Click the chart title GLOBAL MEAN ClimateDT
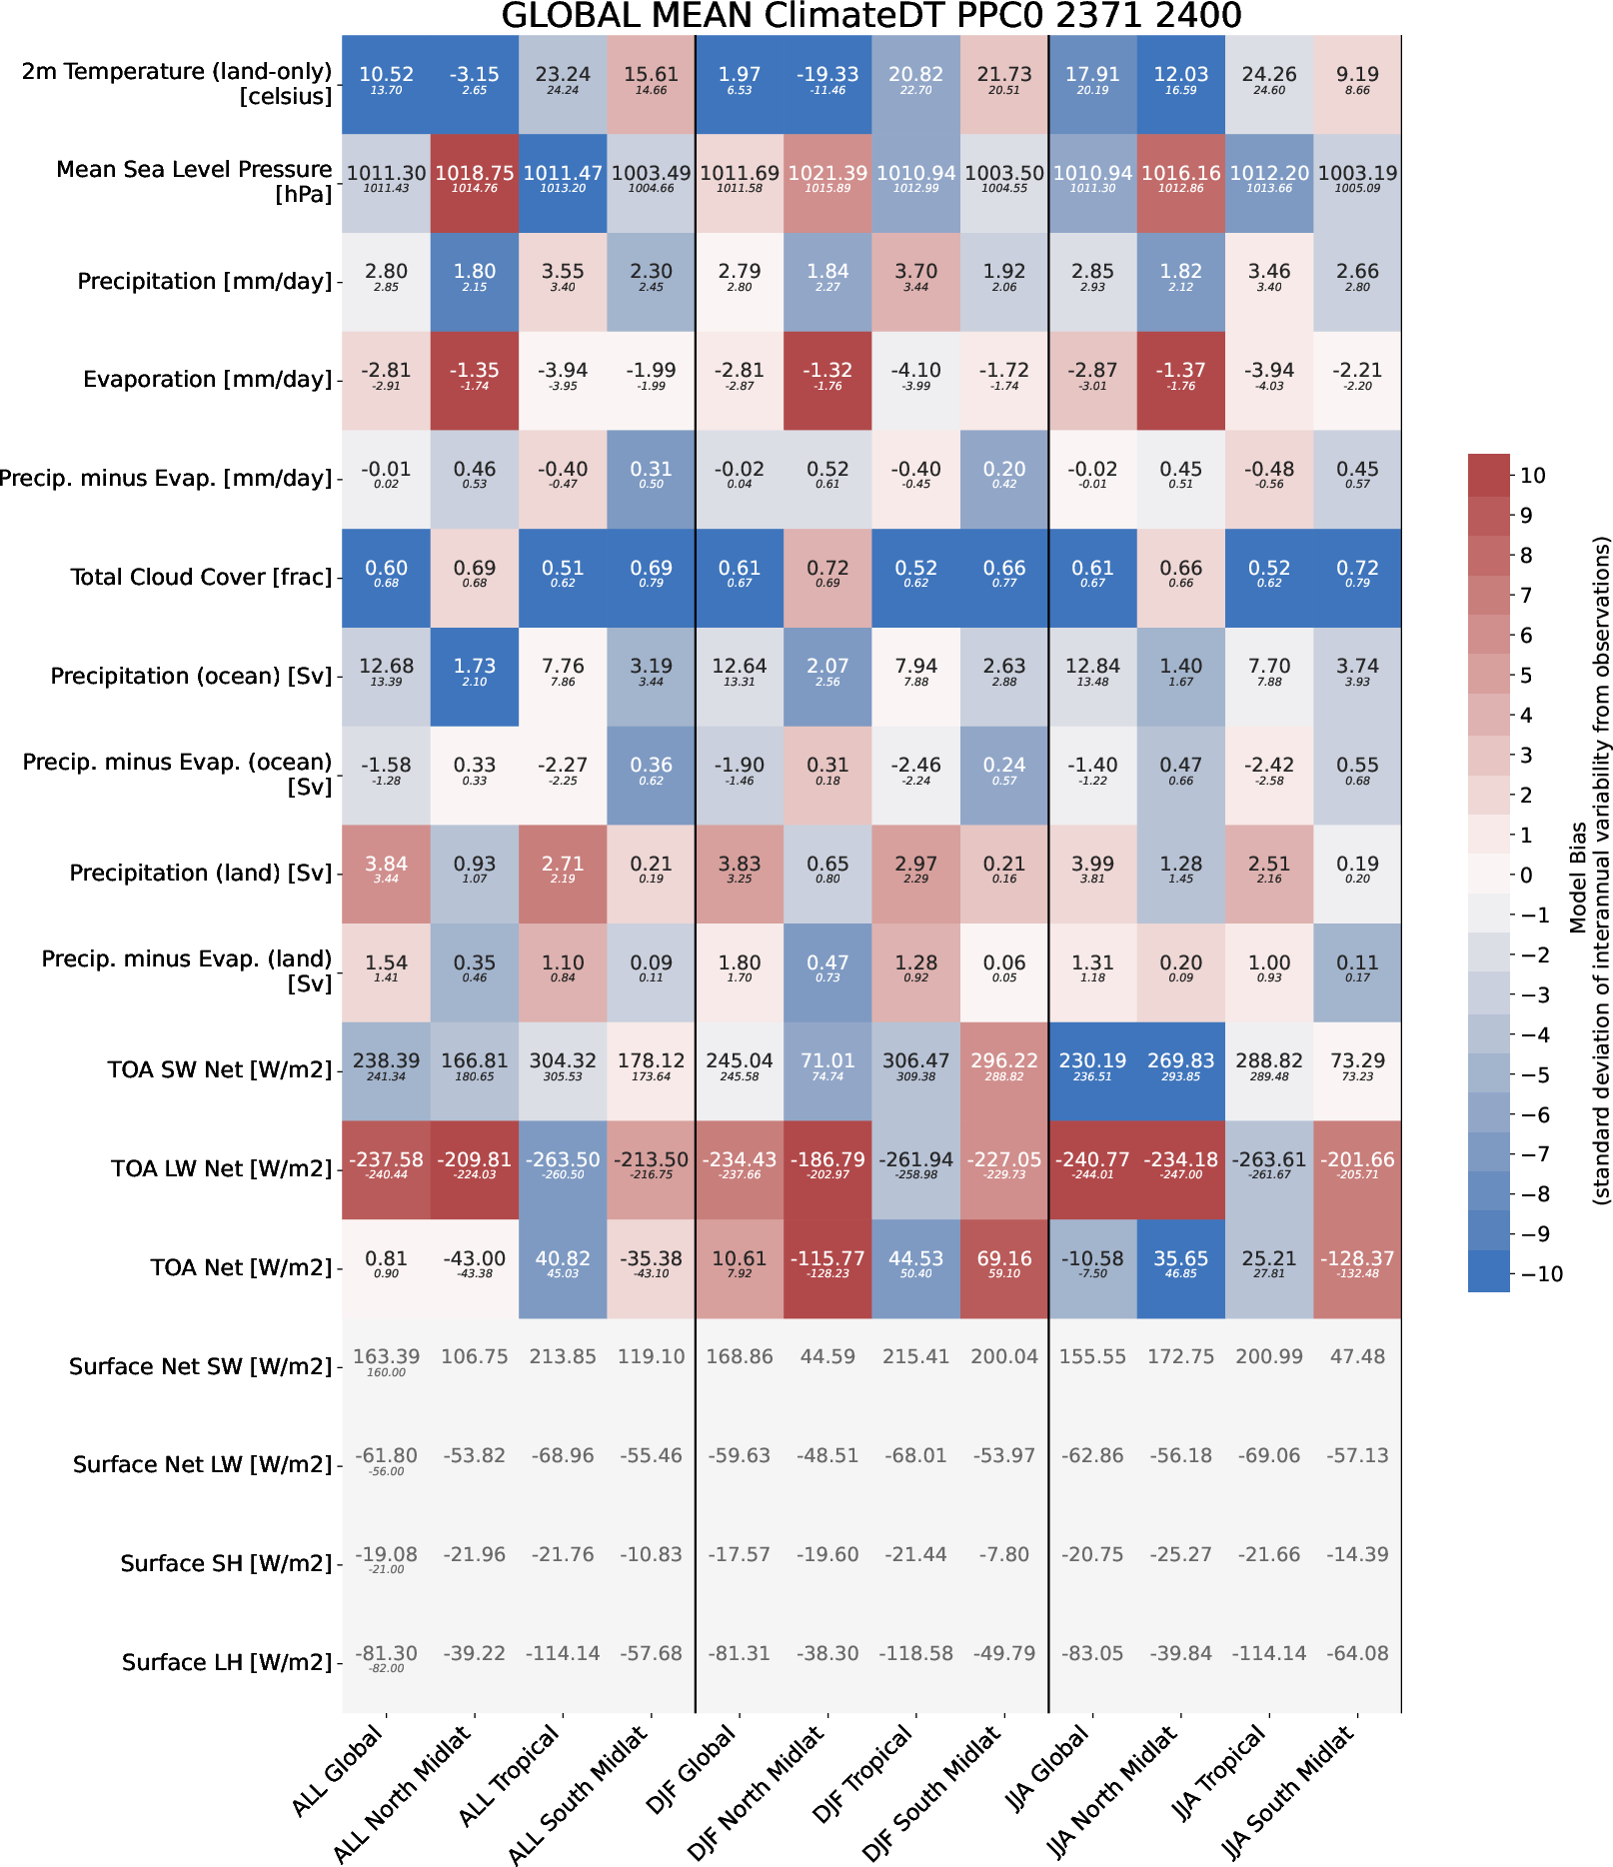tap(870, 16)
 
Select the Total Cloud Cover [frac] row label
tap(201, 577)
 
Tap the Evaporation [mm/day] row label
tap(207, 380)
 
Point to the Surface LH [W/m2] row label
tap(227, 1662)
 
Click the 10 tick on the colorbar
tap(1532, 476)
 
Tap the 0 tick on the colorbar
tap(1526, 876)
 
